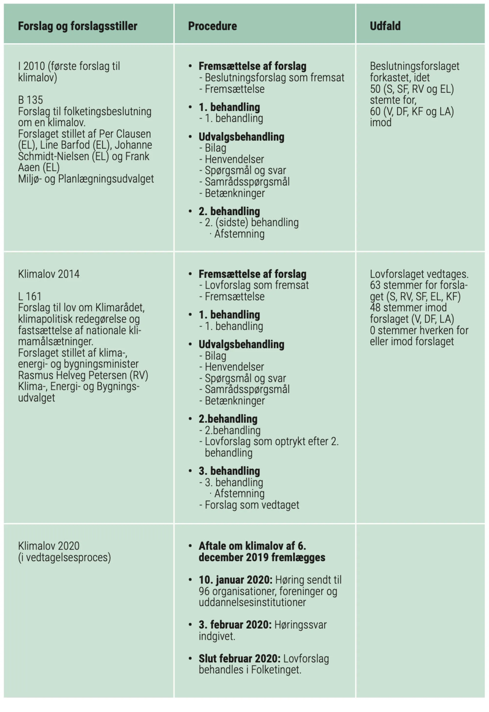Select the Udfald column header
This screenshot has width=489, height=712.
(385, 26)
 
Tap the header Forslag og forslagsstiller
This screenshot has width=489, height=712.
(78, 26)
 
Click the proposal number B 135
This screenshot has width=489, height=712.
(30, 100)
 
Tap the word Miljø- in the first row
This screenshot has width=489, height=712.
(30, 179)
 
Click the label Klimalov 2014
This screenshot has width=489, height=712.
(49, 274)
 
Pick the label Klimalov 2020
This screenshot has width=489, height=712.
(49, 546)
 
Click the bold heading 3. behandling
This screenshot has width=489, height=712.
(229, 471)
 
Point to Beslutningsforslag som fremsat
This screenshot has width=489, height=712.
(275, 78)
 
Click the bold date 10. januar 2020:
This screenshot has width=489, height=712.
(235, 580)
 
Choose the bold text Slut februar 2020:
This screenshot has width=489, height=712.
(239, 658)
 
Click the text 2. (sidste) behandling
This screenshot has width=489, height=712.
(252, 222)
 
